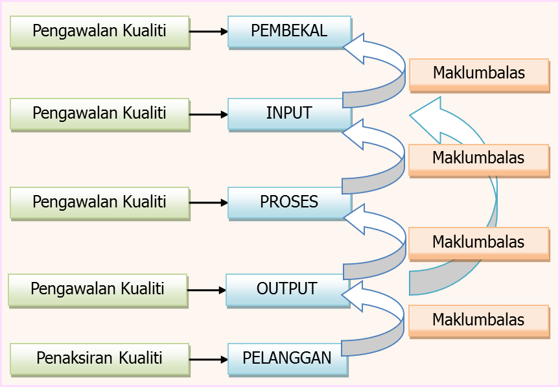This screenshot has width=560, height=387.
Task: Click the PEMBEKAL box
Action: coord(289,31)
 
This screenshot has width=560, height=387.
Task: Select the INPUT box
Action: coord(289,113)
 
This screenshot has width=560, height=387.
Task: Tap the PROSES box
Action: coord(289,202)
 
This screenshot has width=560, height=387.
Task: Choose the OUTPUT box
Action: coord(287,289)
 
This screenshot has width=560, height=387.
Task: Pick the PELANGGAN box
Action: coord(287,358)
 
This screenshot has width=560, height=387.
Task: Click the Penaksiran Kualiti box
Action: coord(100,358)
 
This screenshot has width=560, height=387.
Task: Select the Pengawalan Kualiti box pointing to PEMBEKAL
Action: coord(100,31)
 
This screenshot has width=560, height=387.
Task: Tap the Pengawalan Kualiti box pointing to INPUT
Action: coord(100,113)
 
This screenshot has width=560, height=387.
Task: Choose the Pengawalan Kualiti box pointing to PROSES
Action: coord(100,202)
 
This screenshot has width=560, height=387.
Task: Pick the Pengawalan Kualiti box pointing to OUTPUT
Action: coord(98,289)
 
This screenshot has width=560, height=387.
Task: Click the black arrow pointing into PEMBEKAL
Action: coord(209,31)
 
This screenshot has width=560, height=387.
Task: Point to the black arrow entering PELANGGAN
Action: coord(209,358)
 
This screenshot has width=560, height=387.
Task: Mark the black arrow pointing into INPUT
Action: coord(209,115)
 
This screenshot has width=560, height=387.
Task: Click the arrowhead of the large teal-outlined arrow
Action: coord(431,117)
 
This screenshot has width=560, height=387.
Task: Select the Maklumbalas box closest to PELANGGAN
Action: coord(478,320)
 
